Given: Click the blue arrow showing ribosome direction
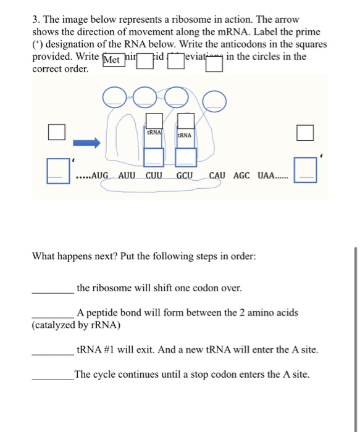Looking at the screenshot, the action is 86,143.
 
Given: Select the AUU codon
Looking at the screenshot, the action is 127,175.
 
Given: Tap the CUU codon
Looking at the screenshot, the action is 155,175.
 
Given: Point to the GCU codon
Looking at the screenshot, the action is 185,175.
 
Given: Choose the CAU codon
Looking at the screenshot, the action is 217,175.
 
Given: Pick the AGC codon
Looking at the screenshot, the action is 241,175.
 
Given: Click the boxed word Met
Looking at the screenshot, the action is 112,60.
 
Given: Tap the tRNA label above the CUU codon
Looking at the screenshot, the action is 154,131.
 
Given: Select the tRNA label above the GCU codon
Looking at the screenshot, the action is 184,134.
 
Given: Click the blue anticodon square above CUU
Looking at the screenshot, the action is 154,157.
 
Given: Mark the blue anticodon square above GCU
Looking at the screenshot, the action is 185,157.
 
